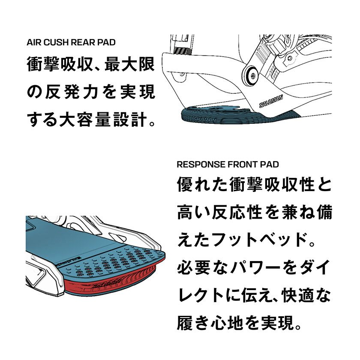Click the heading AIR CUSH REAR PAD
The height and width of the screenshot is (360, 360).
pos(71,42)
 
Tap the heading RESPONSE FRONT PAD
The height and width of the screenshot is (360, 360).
pos(228,165)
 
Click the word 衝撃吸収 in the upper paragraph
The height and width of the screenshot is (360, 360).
pos(60,64)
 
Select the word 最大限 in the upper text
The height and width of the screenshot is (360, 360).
pos(130,64)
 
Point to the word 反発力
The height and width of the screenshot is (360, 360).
pos(72,92)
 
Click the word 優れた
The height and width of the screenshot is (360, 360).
pos(203,185)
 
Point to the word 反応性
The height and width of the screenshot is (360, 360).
pos(237,213)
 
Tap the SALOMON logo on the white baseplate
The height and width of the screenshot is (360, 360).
pos(271,101)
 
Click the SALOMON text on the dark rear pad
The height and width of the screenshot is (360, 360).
pos(204,120)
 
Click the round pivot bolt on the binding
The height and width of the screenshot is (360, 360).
pos(252,76)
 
